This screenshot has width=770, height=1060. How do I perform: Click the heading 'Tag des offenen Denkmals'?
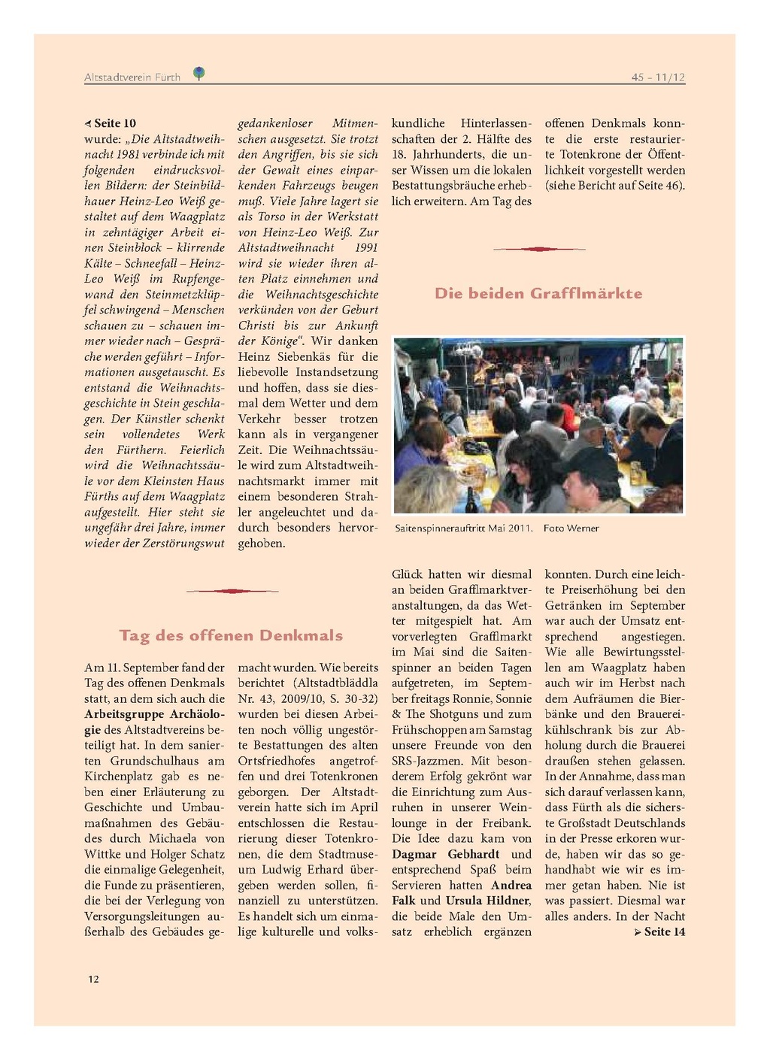pos(231,636)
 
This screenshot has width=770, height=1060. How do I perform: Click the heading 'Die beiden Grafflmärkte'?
pos(538,294)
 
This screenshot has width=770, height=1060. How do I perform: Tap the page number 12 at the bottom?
pos(93,979)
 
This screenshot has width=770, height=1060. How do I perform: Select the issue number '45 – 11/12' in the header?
pos(658,77)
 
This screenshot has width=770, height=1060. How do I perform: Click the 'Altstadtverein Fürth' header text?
pos(132,77)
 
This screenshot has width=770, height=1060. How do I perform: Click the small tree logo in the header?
pos(199,73)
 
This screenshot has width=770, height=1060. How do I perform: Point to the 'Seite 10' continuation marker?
pos(111,123)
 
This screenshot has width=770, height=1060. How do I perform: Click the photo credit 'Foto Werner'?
pos(571,528)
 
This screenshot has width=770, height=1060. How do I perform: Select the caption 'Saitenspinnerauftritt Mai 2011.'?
pos(463,528)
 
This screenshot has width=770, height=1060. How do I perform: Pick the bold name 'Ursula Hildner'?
pos(488,901)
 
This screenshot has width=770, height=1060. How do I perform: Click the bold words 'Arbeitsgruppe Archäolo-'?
pos(154,714)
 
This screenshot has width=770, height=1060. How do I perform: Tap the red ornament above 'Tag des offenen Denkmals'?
pos(232,591)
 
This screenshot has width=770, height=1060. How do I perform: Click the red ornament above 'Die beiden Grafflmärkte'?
pos(538,249)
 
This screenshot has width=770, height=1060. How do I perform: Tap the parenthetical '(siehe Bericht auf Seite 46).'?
pos(615,186)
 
